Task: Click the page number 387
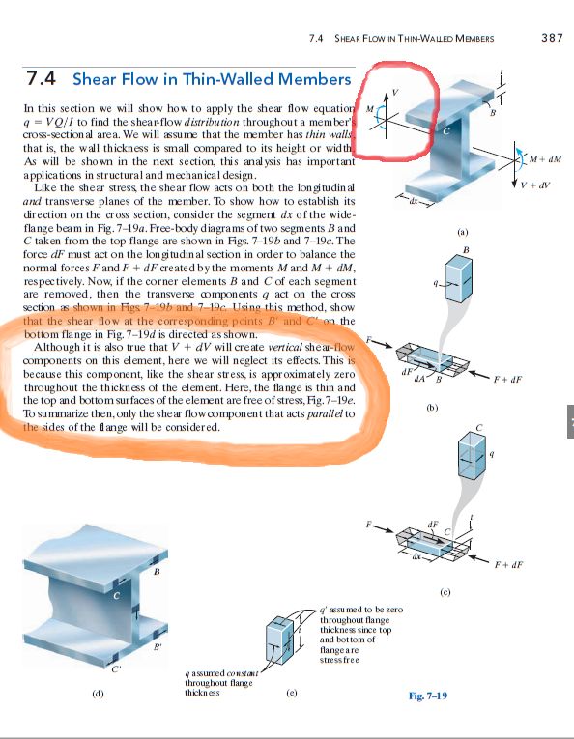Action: coord(554,38)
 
